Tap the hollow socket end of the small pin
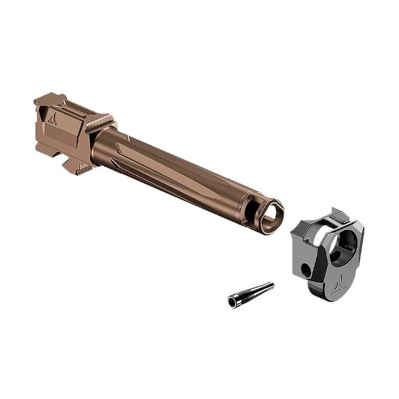(232, 301)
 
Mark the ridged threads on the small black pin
(242, 296)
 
